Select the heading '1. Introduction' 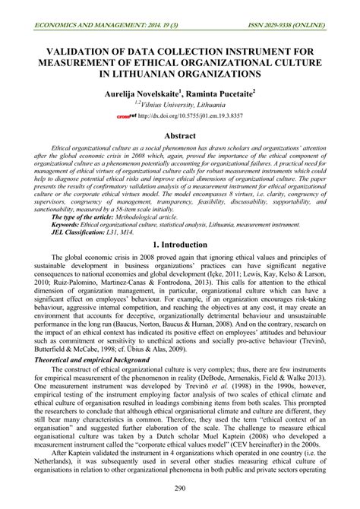(180, 245)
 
